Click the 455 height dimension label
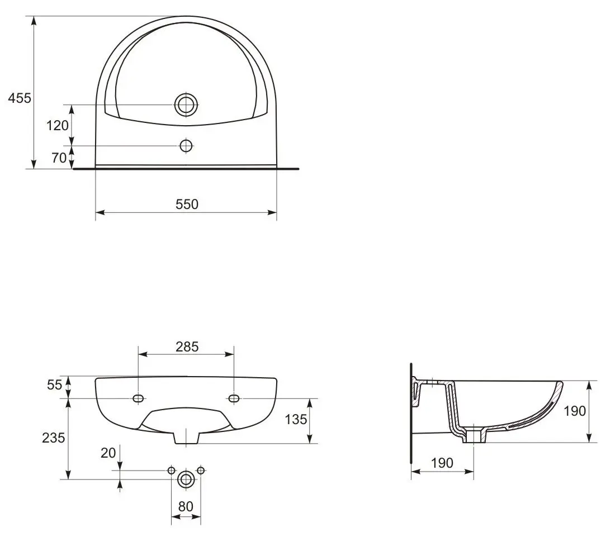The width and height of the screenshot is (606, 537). tap(20, 98)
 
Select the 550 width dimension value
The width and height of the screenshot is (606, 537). tap(187, 204)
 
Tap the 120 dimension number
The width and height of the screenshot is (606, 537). tap(58, 125)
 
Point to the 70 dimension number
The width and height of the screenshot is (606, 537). tap(59, 158)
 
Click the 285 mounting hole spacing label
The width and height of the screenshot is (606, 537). tap(187, 346)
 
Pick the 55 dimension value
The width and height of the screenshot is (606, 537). tap(54, 385)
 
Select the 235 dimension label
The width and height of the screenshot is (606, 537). tap(53, 438)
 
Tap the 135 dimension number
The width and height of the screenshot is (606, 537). tap(296, 419)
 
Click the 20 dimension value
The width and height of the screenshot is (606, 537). tap(108, 453)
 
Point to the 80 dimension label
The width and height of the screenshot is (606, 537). tap(186, 506)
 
